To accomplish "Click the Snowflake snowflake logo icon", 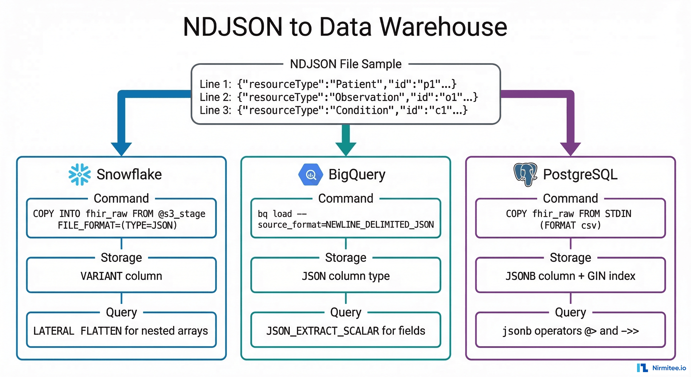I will [80, 175].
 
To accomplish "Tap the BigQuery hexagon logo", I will [311, 175].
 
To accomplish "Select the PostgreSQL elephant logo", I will [525, 175].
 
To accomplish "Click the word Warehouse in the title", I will [443, 27].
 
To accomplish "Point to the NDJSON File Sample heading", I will [345, 64].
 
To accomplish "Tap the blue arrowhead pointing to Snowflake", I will [121, 148].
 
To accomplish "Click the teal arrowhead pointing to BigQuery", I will [346, 148].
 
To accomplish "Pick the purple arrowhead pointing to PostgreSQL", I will [570, 148].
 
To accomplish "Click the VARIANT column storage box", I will [121, 276].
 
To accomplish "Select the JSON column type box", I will [345, 276].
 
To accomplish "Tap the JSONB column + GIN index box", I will [570, 276].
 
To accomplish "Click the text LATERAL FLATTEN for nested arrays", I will [120, 331].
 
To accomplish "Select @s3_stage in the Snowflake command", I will [182, 214].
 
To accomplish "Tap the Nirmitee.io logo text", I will [669, 368].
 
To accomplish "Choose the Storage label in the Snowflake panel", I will [121, 258].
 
